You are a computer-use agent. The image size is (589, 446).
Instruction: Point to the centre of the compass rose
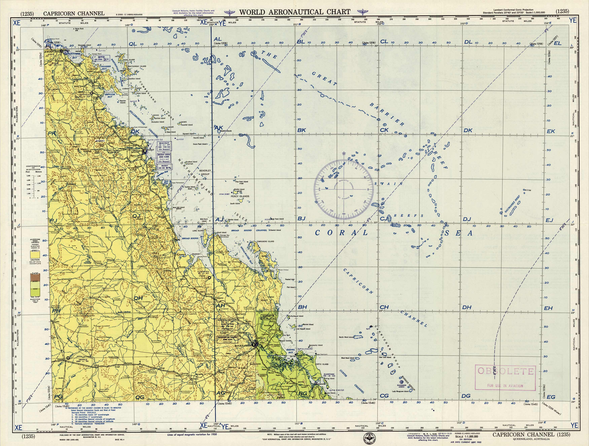(x=344, y=189)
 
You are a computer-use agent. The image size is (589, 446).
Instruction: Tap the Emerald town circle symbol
(x=68, y=358)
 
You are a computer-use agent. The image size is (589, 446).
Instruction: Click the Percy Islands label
(x=240, y=196)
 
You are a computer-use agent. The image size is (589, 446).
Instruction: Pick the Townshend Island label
(x=265, y=242)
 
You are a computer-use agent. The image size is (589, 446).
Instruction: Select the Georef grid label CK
(x=384, y=130)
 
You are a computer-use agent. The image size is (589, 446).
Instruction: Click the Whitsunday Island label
(x=137, y=66)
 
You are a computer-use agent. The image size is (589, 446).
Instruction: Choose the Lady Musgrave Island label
(x=400, y=391)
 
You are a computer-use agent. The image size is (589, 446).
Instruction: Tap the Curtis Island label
(x=322, y=364)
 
